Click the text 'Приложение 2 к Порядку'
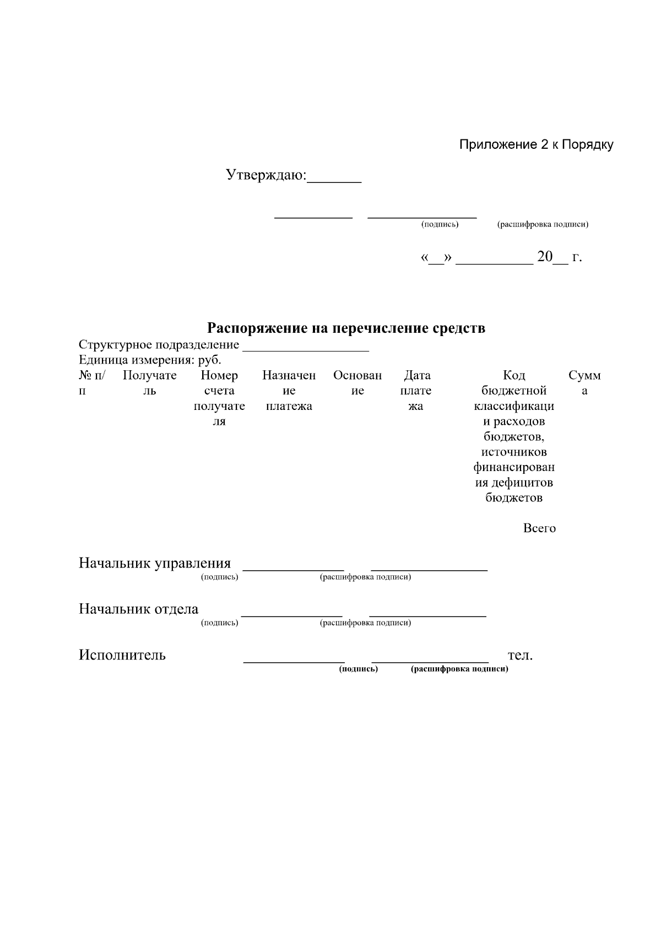click(536, 145)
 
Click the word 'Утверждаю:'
click(266, 175)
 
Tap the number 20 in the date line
click(544, 257)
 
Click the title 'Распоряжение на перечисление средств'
click(346, 328)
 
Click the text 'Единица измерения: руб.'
click(150, 360)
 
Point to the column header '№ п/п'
click(91, 383)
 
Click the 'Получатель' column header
click(149, 383)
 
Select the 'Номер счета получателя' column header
click(219, 398)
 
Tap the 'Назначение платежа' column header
click(289, 391)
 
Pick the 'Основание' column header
click(357, 383)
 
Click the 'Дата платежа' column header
click(416, 391)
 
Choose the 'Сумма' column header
click(584, 383)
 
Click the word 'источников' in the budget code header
click(514, 452)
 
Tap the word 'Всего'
click(539, 528)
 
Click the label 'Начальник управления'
click(155, 563)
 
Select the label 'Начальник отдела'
click(138, 609)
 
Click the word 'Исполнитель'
click(122, 655)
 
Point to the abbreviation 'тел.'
click(520, 655)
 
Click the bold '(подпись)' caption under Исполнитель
click(358, 669)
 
